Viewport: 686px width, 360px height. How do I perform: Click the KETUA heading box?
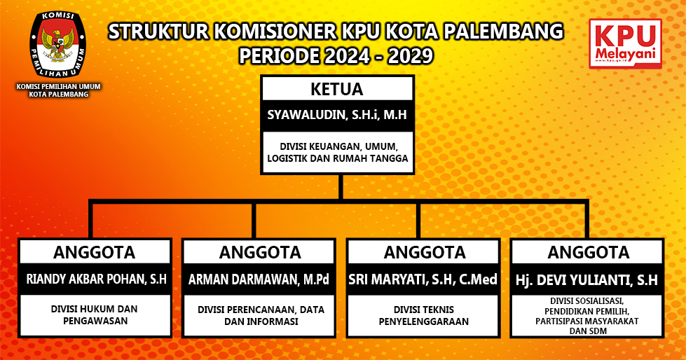(x=337, y=89)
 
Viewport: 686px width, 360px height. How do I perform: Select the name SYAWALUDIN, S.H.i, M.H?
(x=337, y=115)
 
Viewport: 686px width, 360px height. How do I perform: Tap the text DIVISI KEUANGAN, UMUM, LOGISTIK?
(x=337, y=152)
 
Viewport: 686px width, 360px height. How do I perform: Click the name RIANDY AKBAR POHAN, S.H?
(x=96, y=279)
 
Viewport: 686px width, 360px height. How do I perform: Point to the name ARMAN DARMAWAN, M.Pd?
(x=259, y=279)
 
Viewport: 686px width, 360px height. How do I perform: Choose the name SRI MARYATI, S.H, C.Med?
(x=423, y=279)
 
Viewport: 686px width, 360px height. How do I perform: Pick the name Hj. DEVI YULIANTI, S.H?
(x=586, y=280)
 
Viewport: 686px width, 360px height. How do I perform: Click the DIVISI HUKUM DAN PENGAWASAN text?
(x=95, y=315)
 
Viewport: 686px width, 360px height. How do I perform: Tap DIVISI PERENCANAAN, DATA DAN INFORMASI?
(x=261, y=315)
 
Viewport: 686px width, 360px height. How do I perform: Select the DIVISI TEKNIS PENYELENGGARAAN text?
(x=423, y=315)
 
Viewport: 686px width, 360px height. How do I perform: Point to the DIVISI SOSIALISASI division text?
(x=586, y=316)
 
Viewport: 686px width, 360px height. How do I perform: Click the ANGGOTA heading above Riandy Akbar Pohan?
(x=95, y=252)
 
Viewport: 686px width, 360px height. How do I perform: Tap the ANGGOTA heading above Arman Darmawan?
(x=260, y=252)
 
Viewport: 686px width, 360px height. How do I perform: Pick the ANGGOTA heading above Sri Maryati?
(x=425, y=252)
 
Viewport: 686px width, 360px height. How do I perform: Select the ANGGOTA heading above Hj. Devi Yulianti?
(x=589, y=252)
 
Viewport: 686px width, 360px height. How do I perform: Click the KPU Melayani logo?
(x=625, y=43)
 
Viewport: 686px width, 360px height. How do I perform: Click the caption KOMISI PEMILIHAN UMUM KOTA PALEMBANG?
(x=59, y=90)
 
